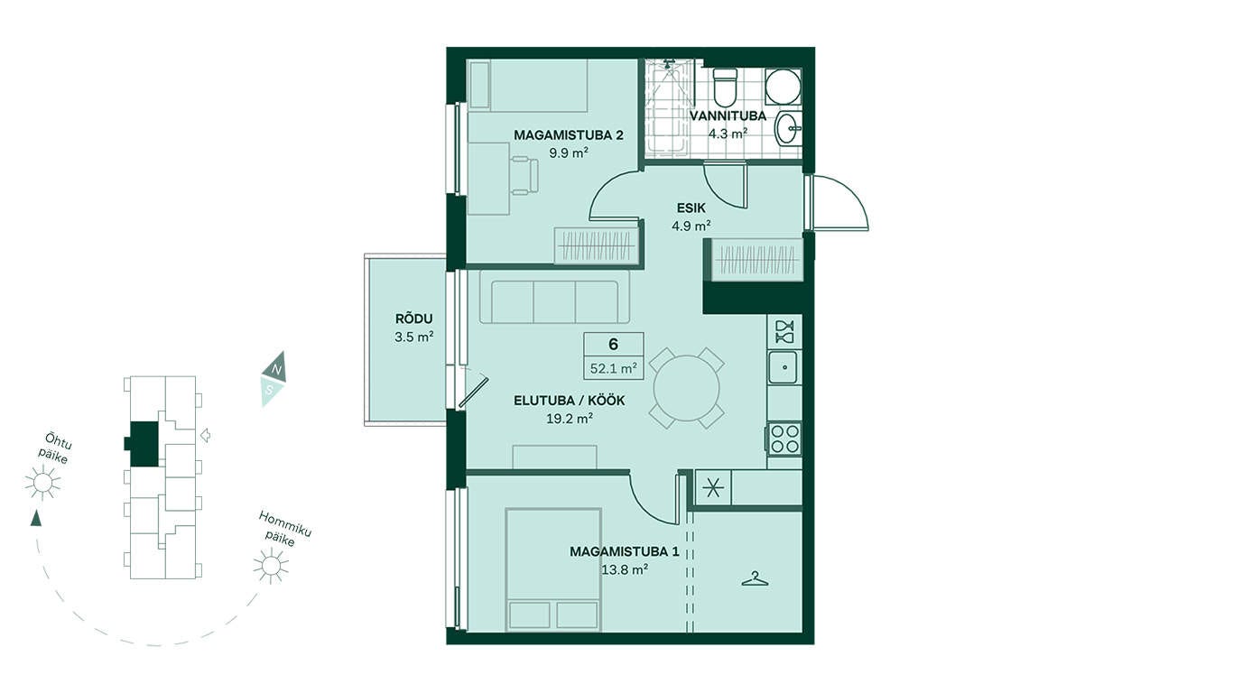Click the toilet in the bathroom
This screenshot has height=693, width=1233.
[x=725, y=88]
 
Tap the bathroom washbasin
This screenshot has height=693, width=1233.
[x=788, y=129]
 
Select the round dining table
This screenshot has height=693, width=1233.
[x=686, y=388]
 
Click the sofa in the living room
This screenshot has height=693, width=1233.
[x=554, y=297]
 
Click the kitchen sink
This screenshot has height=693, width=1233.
[x=783, y=367]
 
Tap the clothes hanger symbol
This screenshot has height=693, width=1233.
[x=755, y=578]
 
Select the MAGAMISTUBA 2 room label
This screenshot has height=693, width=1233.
[x=569, y=134]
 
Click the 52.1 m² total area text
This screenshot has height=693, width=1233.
[x=614, y=368]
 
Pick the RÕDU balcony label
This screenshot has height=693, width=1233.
[x=414, y=319]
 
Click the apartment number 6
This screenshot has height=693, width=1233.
[x=613, y=345]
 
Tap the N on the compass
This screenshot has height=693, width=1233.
[x=277, y=369]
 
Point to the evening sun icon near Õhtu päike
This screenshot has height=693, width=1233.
[x=42, y=483]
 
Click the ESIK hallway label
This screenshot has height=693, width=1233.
[x=691, y=208]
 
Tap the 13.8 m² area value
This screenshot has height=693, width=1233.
[x=625, y=569]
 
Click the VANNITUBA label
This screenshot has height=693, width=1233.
[x=728, y=116]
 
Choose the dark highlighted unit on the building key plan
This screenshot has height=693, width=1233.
[x=143, y=444]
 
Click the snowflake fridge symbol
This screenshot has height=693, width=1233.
[x=712, y=487]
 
